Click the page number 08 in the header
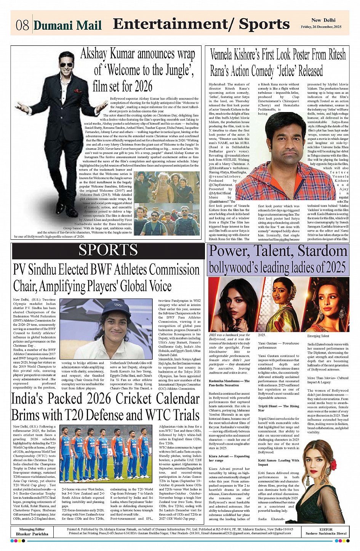(22, 25)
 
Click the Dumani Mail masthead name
(67, 26)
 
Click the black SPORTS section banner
(108, 250)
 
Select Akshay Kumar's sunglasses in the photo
(66, 65)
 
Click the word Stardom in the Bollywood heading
(323, 251)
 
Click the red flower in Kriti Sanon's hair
(333, 465)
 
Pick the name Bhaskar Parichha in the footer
(32, 534)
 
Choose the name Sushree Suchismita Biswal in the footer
(326, 534)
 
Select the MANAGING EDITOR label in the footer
(32, 529)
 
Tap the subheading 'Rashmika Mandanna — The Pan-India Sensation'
(229, 383)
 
